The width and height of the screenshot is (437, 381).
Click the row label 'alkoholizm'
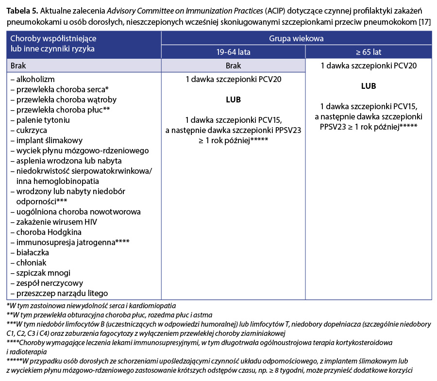click(34, 79)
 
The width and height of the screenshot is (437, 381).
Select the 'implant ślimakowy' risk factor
click(43, 140)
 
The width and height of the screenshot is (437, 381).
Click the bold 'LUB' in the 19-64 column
click(233, 99)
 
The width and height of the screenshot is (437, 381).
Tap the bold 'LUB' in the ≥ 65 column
click(368, 86)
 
